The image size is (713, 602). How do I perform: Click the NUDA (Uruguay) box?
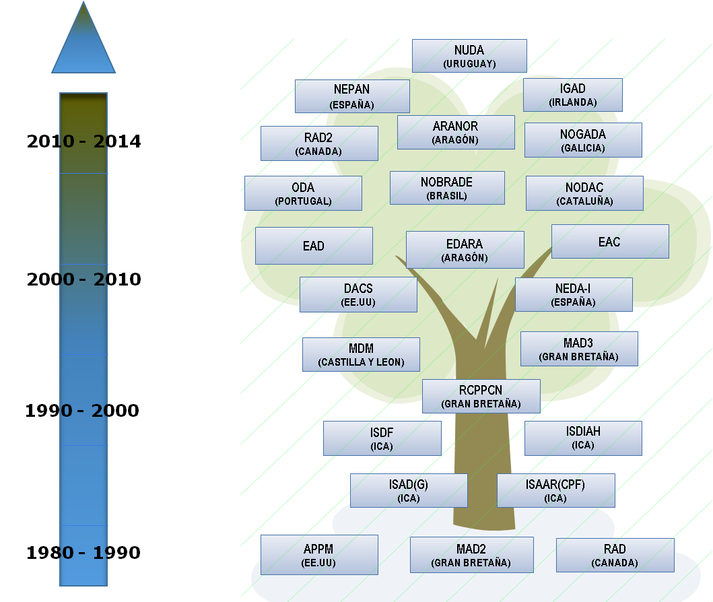469,56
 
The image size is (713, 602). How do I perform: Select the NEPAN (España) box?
352,96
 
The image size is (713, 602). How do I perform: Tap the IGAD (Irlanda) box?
572,95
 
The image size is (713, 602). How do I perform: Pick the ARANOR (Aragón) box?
456,132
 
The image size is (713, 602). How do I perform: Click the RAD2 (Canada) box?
319,143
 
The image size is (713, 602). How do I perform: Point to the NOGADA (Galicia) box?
583,140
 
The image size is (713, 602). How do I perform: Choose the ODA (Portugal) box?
303,193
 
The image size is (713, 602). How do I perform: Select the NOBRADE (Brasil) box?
447,188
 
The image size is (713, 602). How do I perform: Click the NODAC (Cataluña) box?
584,193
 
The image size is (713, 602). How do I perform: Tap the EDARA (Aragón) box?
465,250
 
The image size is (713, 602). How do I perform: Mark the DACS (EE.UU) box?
358,294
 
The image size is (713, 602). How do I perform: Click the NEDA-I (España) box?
574,294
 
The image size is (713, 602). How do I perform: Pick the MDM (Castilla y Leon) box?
361,354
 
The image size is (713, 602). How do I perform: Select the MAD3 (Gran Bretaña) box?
579,349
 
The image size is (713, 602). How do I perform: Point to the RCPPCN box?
481,396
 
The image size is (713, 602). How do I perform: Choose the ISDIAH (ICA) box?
583,438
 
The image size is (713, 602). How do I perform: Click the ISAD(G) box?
409,490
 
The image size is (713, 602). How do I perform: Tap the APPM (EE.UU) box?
319,555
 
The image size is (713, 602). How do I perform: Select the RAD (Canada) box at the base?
615,555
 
